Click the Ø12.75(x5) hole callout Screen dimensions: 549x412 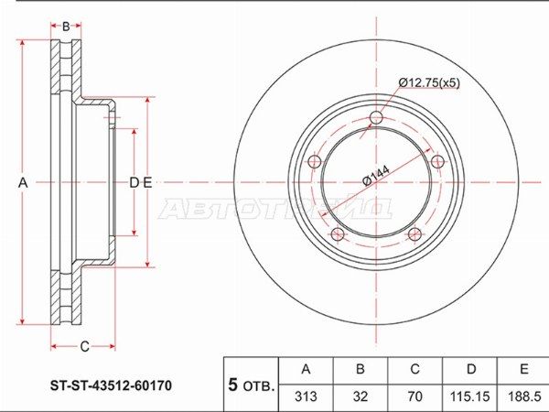point(429,82)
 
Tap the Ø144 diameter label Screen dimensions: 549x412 point(376,176)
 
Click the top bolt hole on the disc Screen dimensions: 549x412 point(376,117)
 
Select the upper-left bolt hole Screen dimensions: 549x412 point(315,162)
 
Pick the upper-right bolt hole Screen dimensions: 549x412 point(437,162)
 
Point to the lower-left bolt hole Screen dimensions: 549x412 point(338,234)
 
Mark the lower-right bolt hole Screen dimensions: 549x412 point(414,234)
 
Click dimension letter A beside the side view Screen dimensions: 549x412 point(23,182)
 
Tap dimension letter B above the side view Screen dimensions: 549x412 point(66,27)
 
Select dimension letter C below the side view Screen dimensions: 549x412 point(85,346)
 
